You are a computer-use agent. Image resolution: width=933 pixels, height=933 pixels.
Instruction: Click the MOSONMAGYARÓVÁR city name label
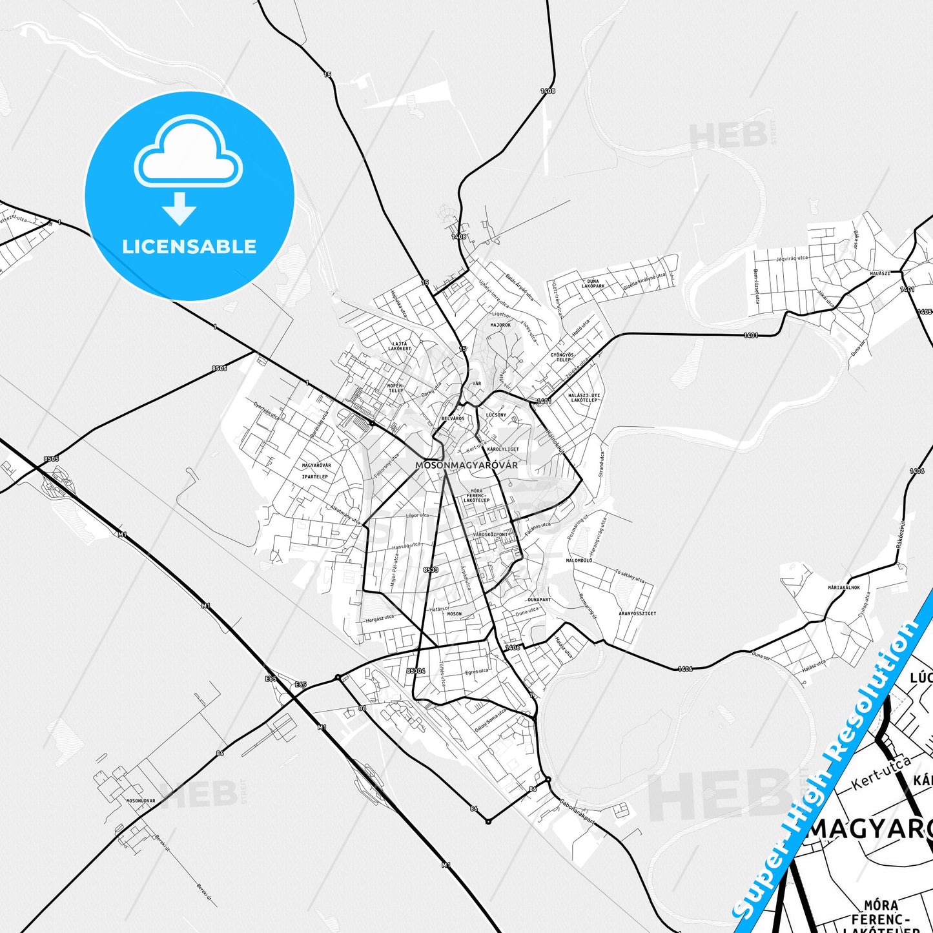[x=466, y=465]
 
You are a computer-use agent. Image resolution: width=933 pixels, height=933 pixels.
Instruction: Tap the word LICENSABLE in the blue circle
[x=189, y=247]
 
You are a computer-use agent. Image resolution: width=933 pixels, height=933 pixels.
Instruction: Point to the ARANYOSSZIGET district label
[x=637, y=613]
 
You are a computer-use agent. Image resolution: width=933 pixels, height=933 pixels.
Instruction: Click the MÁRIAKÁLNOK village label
[x=844, y=588]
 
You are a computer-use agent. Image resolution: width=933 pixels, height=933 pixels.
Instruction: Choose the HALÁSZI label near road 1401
[x=879, y=274]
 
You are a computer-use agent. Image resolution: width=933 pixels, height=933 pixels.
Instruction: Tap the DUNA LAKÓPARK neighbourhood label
[x=593, y=284]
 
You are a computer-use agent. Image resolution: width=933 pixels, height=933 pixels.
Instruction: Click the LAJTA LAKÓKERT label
[x=400, y=346]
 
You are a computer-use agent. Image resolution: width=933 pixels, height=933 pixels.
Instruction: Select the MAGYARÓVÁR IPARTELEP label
[x=316, y=471]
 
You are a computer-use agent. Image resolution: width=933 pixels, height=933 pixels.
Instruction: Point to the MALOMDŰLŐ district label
[x=579, y=560]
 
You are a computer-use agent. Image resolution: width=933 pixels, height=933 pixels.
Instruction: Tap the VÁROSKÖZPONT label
[x=491, y=535]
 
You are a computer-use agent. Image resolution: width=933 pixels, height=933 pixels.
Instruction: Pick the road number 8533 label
[x=431, y=570]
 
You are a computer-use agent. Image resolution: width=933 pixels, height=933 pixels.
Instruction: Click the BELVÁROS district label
[x=453, y=418]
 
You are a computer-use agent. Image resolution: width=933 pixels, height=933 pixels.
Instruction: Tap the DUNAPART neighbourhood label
[x=539, y=600]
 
